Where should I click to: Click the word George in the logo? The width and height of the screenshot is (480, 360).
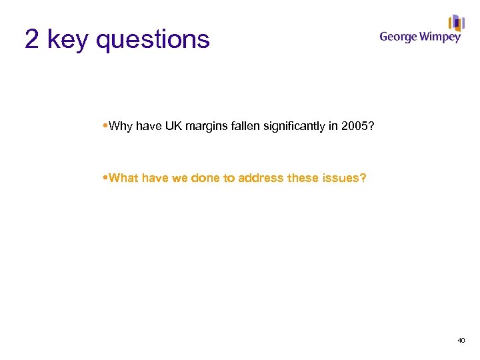(x=399, y=37)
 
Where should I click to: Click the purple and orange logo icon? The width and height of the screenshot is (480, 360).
(x=456, y=23)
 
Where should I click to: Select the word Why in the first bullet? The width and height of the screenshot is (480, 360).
(x=121, y=126)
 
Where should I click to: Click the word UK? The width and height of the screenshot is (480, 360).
(x=173, y=126)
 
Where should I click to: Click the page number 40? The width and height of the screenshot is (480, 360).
(x=461, y=341)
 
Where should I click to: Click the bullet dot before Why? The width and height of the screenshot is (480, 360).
(x=106, y=126)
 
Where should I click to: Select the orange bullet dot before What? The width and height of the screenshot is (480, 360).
(x=106, y=178)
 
